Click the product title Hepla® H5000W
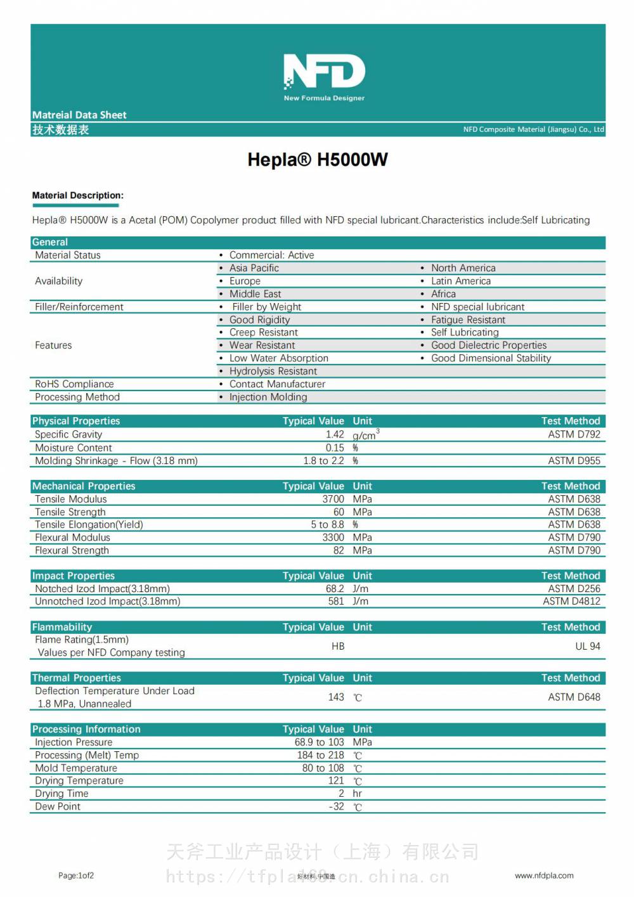pos(318,160)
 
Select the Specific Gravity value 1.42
pos(335,435)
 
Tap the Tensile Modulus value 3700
pos(333,500)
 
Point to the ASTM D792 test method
pos(574,435)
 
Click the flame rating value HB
pos(338,647)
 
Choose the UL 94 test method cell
pos(587,647)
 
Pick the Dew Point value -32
pos(337,807)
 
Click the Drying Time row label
pos(61,794)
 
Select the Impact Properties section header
pos(74,576)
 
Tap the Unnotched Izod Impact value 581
pos(336,602)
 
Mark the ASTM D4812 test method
pos(571,602)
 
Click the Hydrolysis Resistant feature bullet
pos(273,371)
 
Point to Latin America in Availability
pos(461,281)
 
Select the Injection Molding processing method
pos(268,397)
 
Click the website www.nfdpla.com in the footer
pos(544,876)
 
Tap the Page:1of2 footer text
pos(76,876)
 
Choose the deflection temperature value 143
pos(336,697)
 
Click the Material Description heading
pos(78,196)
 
